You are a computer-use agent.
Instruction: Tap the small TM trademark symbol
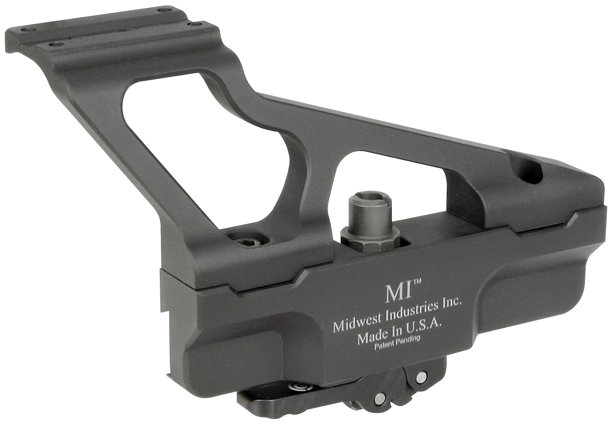(416, 283)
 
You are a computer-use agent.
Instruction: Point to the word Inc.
(451, 302)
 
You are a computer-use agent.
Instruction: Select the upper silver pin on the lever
(420, 377)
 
